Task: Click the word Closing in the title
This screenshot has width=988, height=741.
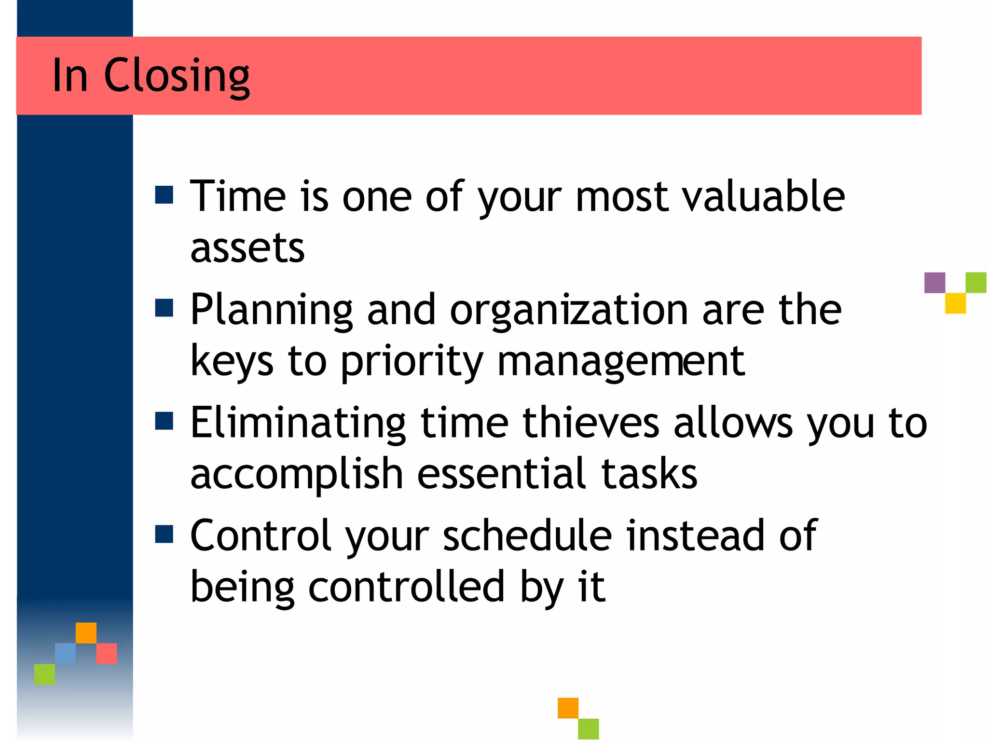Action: tap(177, 76)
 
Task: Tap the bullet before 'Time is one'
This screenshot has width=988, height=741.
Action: tap(164, 195)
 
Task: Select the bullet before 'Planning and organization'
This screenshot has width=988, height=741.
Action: tap(164, 308)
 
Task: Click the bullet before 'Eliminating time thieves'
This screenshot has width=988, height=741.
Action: tap(164, 421)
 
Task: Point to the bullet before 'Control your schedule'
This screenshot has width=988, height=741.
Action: tap(164, 534)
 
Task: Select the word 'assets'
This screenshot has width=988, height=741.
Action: tap(247, 247)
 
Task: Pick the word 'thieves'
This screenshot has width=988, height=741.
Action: tap(591, 423)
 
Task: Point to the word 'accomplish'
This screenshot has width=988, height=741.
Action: tap(297, 475)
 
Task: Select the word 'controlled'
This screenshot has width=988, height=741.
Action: tap(406, 587)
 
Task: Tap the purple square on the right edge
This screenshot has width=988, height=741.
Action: tap(934, 283)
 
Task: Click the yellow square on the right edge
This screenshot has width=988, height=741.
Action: tap(955, 303)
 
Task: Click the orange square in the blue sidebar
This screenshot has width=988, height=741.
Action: tap(86, 633)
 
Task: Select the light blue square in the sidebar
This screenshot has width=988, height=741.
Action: tap(65, 653)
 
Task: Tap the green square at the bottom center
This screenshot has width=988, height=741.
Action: tap(589, 728)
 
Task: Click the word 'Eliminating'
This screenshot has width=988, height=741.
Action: tap(298, 423)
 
